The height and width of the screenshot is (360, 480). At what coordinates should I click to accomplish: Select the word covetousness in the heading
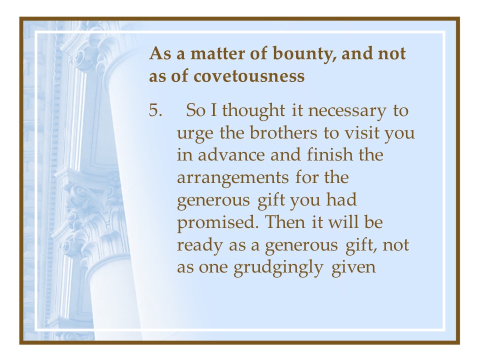click(x=249, y=76)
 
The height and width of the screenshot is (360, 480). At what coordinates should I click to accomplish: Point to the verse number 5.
click(x=155, y=110)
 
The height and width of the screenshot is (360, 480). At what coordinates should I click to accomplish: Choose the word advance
click(x=231, y=155)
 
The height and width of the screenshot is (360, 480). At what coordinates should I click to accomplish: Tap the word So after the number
click(x=195, y=110)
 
